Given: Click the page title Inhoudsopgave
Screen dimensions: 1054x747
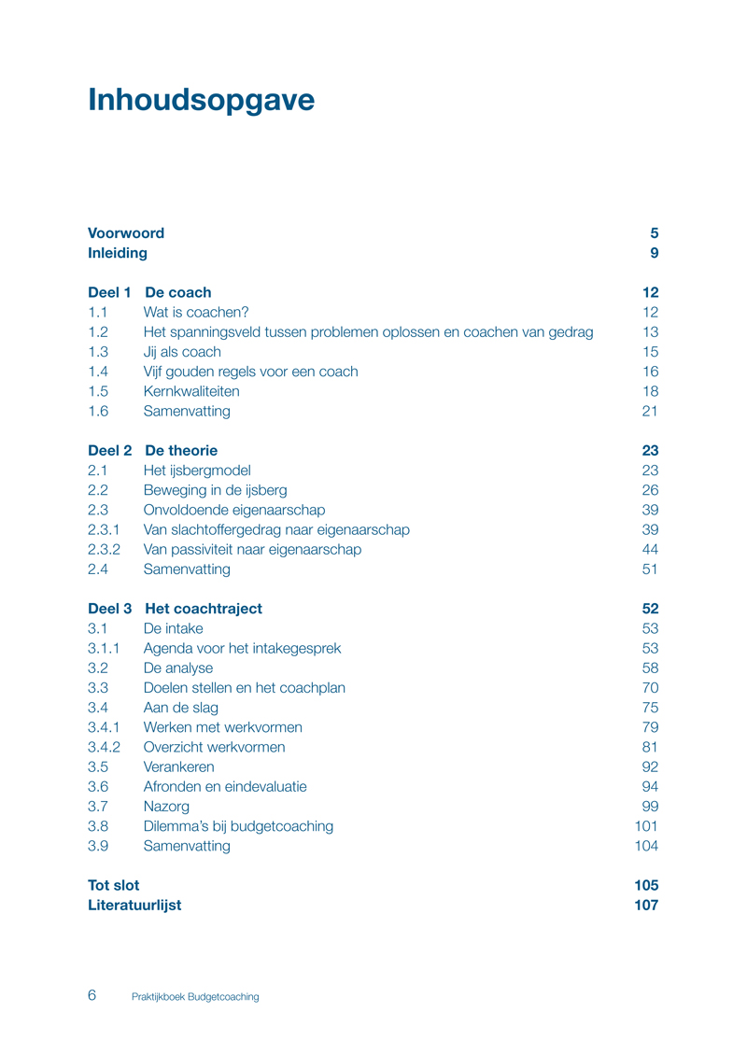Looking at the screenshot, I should coord(201,100).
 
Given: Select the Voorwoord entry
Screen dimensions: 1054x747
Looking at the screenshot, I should coord(126,233).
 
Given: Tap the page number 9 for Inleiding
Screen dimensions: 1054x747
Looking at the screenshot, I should coord(655,253).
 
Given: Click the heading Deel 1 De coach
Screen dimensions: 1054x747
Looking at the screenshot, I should coord(149,292).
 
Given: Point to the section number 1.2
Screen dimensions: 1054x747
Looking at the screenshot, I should coord(98,331).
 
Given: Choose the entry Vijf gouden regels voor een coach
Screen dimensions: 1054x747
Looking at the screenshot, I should coord(250,372).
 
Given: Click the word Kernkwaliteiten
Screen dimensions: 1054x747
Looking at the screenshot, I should coord(191,391).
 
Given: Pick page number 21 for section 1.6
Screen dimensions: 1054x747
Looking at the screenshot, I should coord(650,411).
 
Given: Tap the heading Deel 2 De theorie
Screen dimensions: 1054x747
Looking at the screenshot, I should coord(152,450).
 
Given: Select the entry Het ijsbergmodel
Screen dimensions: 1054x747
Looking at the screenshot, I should coord(197,471).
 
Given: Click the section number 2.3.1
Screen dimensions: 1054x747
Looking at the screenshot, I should coord(104,529).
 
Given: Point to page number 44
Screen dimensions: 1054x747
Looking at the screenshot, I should coord(650,549).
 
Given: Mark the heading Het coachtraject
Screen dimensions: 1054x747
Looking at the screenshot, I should coord(204,609).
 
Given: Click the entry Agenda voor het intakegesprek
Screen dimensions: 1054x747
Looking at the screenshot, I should coord(242,648).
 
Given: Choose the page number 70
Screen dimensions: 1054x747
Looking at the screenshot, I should coord(650,688).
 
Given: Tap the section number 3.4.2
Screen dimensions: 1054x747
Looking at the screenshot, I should coord(104,747).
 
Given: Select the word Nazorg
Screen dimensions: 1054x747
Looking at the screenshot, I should coord(167,806).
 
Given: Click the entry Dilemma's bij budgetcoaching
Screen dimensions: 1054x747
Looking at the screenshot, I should coord(238,826).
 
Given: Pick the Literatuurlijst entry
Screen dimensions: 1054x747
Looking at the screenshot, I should coord(134,905).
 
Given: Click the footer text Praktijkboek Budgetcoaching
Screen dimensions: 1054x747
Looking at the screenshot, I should coord(195,997).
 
